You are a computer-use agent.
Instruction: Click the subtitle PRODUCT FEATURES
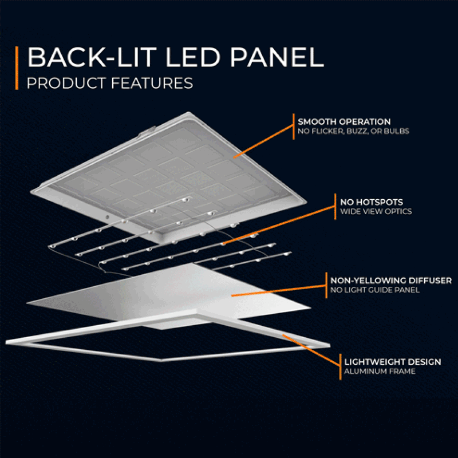(x=109, y=84)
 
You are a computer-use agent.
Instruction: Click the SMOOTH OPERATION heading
(x=344, y=122)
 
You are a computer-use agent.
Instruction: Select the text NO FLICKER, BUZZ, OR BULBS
(x=353, y=131)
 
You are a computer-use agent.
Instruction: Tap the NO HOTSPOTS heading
(x=372, y=202)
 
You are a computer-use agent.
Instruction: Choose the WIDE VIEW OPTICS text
(x=376, y=211)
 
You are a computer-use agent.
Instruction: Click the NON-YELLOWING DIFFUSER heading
(x=391, y=281)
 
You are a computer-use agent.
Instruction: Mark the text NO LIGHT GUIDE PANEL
(x=375, y=290)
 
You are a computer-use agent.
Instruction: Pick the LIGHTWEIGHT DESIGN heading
(x=392, y=362)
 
